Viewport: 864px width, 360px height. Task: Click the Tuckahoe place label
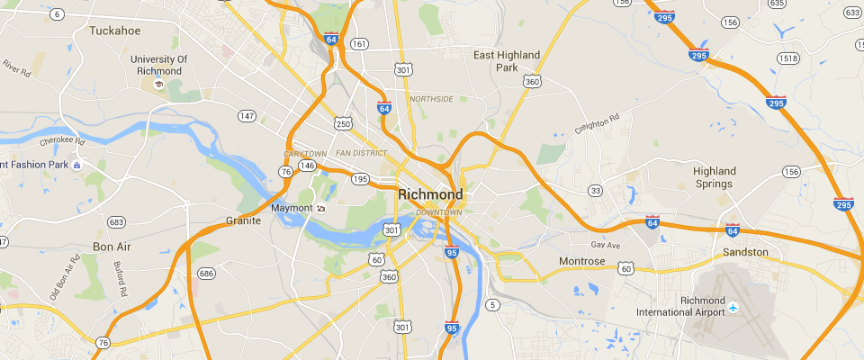[115, 30]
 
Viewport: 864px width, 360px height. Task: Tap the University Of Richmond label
[158, 65]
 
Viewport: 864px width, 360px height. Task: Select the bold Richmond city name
[430, 194]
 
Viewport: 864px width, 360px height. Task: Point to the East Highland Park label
[508, 60]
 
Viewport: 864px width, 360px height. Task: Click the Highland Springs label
[715, 177]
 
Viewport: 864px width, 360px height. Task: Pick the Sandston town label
[746, 253]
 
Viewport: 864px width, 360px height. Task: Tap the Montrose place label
[582, 261]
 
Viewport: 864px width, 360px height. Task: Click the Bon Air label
[112, 246]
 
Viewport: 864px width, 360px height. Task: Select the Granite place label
[243, 220]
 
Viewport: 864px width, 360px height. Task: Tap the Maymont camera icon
[320, 209]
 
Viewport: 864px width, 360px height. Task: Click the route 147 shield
[247, 115]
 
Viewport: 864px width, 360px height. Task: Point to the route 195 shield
[360, 179]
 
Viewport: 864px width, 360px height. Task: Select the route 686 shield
[207, 273]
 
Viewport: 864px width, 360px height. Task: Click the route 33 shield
[595, 191]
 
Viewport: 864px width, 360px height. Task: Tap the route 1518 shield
[789, 58]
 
